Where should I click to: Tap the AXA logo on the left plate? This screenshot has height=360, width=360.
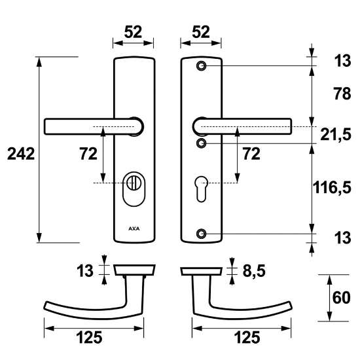(x=134, y=229)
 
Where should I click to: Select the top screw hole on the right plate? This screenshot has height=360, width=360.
(x=202, y=65)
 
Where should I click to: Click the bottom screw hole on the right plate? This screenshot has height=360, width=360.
(x=202, y=234)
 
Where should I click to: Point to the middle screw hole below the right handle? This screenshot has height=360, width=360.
(x=202, y=143)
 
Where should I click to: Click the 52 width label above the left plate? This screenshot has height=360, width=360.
(x=134, y=31)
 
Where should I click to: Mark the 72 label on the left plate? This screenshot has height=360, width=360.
(x=88, y=154)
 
